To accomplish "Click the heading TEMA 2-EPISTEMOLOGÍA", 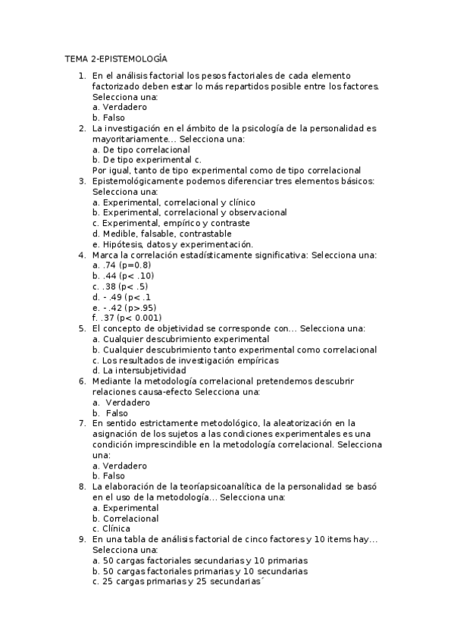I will click(115, 58).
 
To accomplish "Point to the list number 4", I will click(82, 255).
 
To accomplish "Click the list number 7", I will click(82, 423).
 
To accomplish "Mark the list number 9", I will click(82, 539).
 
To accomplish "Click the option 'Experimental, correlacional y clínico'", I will click(174, 202).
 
